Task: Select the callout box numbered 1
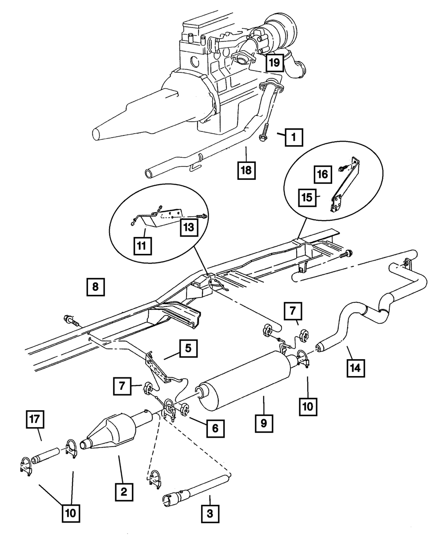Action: [x=293, y=138]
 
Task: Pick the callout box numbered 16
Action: [x=324, y=174]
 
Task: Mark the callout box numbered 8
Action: [x=95, y=287]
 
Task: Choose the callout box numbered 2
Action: [x=123, y=491]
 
